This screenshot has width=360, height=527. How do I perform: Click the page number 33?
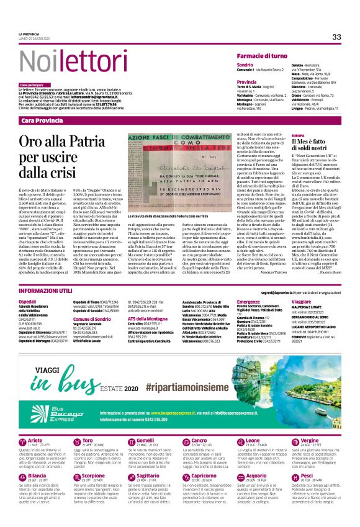tap(336, 37)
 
